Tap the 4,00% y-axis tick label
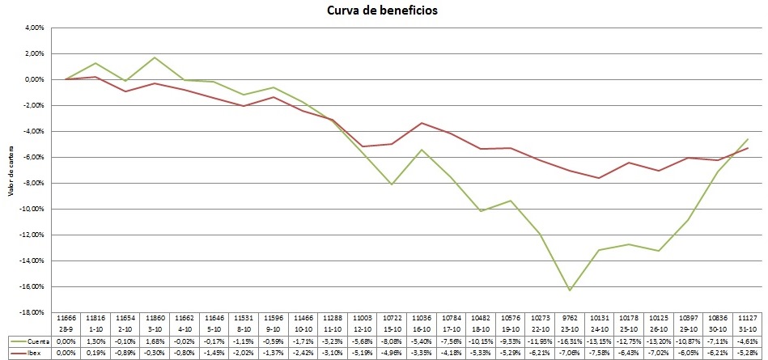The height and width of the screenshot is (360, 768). pyautogui.click(x=33, y=28)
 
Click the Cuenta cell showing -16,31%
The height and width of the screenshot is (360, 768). pyautogui.click(x=571, y=342)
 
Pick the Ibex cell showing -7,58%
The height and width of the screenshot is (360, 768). pyautogui.click(x=598, y=353)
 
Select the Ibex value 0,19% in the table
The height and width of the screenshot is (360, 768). pyautogui.click(x=95, y=353)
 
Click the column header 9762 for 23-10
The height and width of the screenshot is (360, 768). pyautogui.click(x=571, y=321)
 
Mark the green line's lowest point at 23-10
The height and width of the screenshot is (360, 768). pyautogui.click(x=571, y=290)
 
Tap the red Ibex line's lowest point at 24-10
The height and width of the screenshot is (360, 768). pyautogui.click(x=598, y=178)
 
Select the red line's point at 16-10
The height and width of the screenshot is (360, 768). pyautogui.click(x=421, y=123)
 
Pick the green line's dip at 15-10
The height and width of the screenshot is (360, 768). pyautogui.click(x=392, y=184)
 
